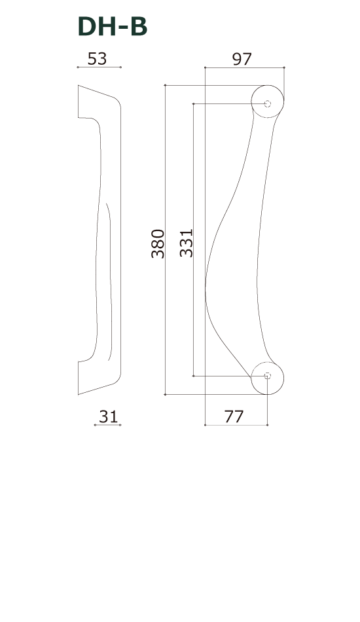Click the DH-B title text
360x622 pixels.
(x=113, y=27)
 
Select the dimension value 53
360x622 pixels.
(x=97, y=59)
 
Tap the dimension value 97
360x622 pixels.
(x=242, y=59)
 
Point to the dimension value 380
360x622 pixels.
(x=158, y=244)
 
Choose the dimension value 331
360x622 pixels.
(x=187, y=243)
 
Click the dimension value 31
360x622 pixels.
(x=108, y=416)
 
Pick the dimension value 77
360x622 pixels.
(x=234, y=416)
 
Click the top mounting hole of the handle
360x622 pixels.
(x=267, y=104)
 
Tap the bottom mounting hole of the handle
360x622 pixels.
(x=267, y=376)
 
